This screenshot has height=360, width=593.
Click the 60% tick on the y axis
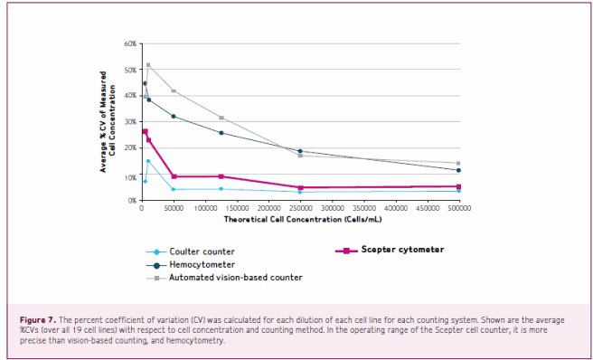pyautogui.click(x=130, y=43)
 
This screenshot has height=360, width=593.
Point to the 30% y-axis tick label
pyautogui.click(x=130, y=121)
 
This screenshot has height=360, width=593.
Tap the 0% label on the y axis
pyautogui.click(x=132, y=200)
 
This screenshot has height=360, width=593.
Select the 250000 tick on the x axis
pyautogui.click(x=299, y=208)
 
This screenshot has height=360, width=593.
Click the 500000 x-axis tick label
pyautogui.click(x=458, y=208)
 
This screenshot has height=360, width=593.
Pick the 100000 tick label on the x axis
pyautogui.click(x=204, y=208)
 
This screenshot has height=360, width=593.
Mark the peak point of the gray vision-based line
pyautogui.click(x=148, y=65)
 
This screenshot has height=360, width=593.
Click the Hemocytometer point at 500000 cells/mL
pyautogui.click(x=458, y=170)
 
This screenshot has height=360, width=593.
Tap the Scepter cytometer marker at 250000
pyautogui.click(x=300, y=187)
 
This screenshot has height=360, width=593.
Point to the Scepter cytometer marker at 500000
pyautogui.click(x=458, y=186)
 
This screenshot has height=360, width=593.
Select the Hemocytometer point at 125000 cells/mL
pyautogui.click(x=221, y=133)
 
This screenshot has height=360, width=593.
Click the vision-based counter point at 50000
pyautogui.click(x=173, y=91)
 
